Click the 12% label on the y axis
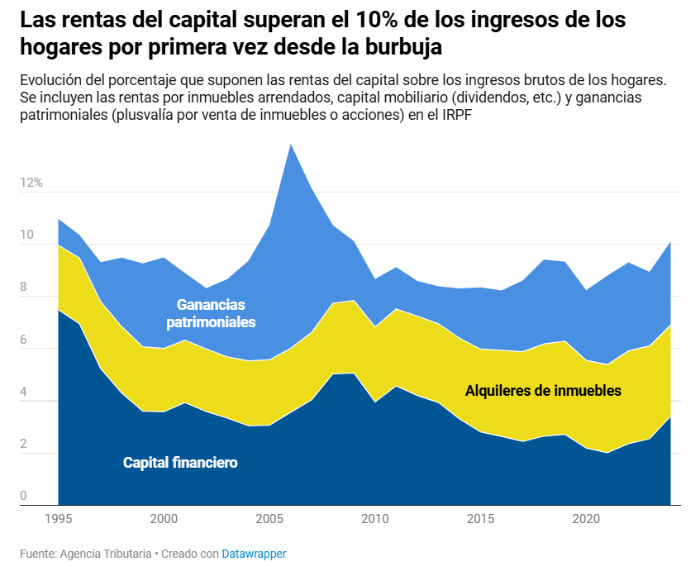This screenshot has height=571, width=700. click(x=31, y=183)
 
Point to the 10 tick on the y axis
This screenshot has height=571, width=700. click(x=26, y=236)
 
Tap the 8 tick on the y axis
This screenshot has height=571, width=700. click(x=24, y=288)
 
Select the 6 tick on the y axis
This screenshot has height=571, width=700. click(x=24, y=340)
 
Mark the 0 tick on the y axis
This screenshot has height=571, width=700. click(x=24, y=496)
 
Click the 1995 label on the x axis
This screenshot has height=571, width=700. click(x=58, y=519)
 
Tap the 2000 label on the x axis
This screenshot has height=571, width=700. click(x=164, y=519)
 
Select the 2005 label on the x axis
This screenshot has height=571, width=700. click(x=269, y=519)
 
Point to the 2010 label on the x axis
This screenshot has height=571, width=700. click(x=375, y=519)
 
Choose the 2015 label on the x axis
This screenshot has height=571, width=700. click(x=481, y=519)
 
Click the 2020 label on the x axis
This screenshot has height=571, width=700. click(x=587, y=519)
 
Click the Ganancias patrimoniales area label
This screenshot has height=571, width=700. click(x=211, y=313)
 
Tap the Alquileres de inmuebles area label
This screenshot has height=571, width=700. click(x=543, y=390)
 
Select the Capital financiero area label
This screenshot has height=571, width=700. click(x=180, y=463)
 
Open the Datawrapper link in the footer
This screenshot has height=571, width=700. click(x=254, y=554)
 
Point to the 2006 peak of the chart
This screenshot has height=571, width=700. click(x=290, y=145)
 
